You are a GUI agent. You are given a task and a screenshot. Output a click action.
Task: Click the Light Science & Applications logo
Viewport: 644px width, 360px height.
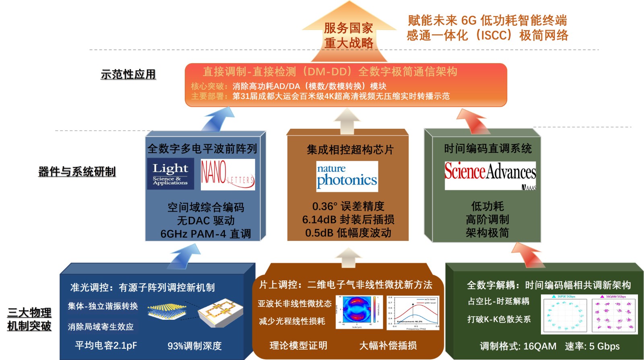pyautogui.click(x=170, y=174)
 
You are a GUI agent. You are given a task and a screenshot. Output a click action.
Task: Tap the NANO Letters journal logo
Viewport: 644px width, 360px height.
pyautogui.click(x=228, y=174)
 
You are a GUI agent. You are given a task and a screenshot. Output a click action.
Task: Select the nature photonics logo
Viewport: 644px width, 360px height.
pyautogui.click(x=347, y=176)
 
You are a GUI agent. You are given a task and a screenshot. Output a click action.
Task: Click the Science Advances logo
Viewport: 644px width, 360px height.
pyautogui.click(x=490, y=175)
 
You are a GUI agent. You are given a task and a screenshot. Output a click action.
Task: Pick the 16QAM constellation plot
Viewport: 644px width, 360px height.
pyautogui.click(x=615, y=315)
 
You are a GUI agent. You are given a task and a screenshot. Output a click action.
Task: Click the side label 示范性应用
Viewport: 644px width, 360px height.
pyautogui.click(x=128, y=74)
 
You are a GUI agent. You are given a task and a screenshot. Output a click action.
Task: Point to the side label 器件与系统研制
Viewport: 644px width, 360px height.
pyautogui.click(x=77, y=172)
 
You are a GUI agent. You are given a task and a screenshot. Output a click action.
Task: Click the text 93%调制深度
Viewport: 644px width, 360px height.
pyautogui.click(x=194, y=346)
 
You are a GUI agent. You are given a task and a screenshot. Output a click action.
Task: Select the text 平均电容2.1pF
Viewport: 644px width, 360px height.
pyautogui.click(x=106, y=346)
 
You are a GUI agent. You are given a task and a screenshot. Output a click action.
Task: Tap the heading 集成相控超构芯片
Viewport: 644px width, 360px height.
pyautogui.click(x=350, y=150)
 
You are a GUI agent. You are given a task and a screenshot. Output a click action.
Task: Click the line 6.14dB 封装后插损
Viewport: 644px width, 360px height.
pyautogui.click(x=348, y=220)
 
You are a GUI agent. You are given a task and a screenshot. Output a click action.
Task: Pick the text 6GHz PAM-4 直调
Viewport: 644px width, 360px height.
pyautogui.click(x=205, y=234)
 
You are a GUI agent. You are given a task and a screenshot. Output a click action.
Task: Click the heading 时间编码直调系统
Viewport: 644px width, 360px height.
pyautogui.click(x=487, y=149)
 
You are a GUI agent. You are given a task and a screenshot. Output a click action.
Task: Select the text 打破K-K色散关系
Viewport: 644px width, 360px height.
pyautogui.click(x=499, y=319)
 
